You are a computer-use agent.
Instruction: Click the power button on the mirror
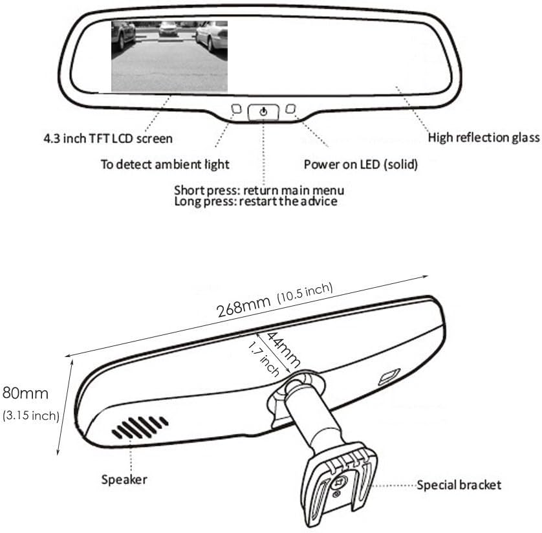[x=263, y=112]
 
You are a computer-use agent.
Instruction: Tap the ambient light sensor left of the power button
[x=237, y=109]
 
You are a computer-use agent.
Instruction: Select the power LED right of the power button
[x=290, y=109]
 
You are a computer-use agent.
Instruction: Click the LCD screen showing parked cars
[x=169, y=56]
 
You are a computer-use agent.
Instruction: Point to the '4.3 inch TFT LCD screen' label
[x=108, y=138]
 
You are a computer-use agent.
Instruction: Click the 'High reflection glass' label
[x=484, y=138]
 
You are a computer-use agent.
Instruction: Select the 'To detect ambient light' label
[x=165, y=164]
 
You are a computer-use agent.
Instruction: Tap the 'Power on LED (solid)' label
[x=360, y=164]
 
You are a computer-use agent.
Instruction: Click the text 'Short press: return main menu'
[x=259, y=190]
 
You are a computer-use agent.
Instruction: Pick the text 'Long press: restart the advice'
[x=255, y=201]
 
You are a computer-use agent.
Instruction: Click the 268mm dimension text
[x=243, y=307]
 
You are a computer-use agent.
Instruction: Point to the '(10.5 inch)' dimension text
[x=305, y=292]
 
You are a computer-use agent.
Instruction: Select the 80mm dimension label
[x=25, y=393]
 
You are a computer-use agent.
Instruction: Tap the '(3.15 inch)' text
[x=31, y=415]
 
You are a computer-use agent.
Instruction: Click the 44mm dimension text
[x=283, y=349]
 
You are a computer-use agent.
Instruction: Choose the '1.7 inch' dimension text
[x=264, y=359]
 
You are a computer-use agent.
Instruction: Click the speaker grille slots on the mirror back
[x=140, y=427]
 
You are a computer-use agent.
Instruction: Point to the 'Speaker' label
[x=124, y=479]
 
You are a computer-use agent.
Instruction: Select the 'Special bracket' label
[x=459, y=485]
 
